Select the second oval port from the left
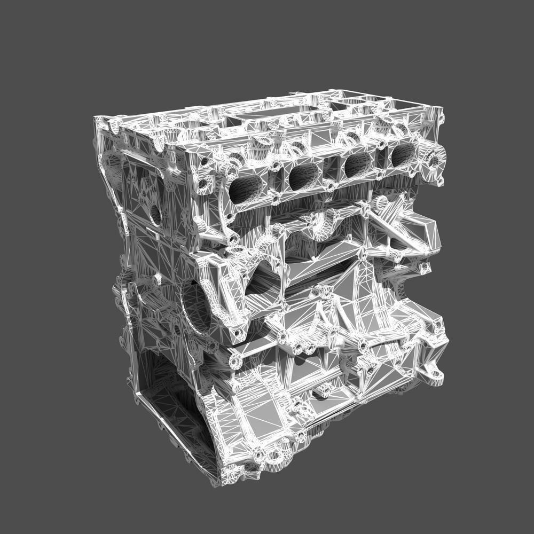click(305, 176)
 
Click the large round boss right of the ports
click(433, 160)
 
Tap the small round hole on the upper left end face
click(155, 214)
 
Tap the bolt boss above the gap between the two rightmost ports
click(381, 144)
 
